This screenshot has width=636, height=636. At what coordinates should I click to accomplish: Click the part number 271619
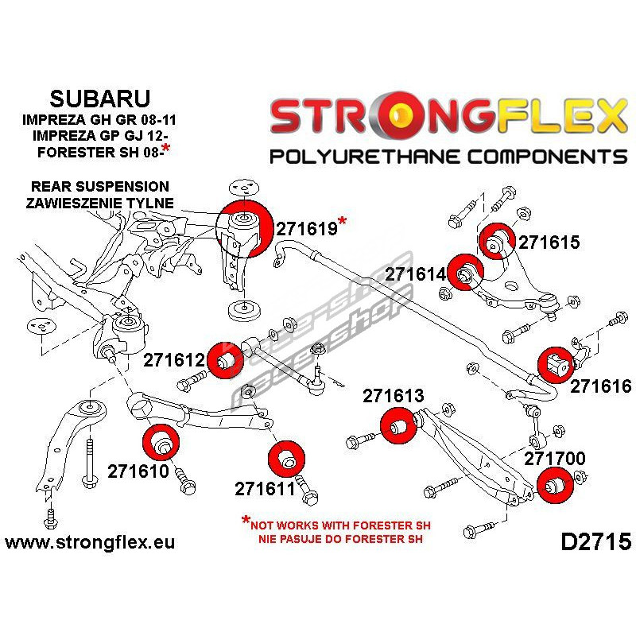[306, 229]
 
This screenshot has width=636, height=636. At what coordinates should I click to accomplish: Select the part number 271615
[549, 243]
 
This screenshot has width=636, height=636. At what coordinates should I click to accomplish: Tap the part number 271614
[417, 275]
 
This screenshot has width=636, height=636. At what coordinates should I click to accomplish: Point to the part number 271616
[600, 386]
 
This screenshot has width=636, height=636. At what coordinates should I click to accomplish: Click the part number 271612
[174, 361]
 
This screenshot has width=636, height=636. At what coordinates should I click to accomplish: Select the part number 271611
[265, 487]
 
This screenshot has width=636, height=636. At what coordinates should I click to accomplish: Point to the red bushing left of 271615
[498, 238]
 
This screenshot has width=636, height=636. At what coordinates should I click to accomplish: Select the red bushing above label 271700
[554, 487]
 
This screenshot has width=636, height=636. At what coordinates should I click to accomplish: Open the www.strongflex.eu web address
[89, 542]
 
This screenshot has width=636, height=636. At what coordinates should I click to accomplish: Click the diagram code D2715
[595, 542]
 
